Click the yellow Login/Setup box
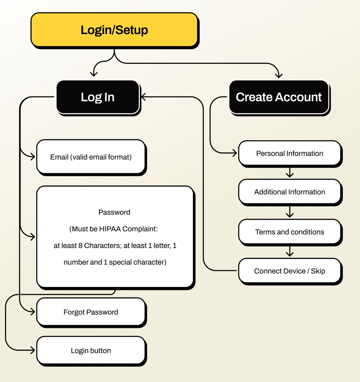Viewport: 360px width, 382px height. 114,30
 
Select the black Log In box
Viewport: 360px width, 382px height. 98,97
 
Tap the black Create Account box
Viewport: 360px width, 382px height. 279,97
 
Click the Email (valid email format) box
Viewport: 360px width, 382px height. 91,157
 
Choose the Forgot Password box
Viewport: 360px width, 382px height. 91,312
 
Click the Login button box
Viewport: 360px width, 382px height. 91,351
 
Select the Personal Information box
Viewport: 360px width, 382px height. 290,153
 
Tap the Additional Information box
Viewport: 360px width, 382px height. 290,192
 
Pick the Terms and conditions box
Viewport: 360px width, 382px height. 290,232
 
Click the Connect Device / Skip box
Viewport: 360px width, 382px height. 290,271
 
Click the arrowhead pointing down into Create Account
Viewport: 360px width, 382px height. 279,75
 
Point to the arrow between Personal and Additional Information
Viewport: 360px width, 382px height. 290,173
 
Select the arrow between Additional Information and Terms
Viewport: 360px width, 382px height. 290,212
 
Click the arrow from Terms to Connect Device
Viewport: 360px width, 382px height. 290,251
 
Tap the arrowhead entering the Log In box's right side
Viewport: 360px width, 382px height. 144,97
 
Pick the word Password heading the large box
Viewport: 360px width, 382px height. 114,212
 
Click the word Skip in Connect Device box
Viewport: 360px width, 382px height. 318,271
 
